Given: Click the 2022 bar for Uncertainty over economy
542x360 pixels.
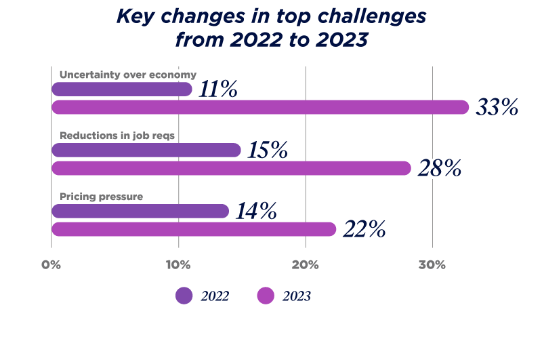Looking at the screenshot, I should click(122, 89).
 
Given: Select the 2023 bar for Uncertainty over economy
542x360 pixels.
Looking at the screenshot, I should click(260, 107).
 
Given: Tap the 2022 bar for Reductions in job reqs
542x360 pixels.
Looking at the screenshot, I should click(146, 150).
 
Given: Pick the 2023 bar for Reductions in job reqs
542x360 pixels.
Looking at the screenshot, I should click(232, 168).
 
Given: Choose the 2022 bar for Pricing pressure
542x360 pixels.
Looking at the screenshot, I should click(140, 211).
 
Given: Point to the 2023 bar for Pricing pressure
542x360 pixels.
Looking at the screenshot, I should click(194, 229).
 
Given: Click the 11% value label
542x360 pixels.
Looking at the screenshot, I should click(217, 89).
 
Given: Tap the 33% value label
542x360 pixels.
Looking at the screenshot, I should click(497, 107).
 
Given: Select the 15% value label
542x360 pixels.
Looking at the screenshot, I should click(265, 151).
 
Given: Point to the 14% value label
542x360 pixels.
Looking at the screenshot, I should click(255, 212).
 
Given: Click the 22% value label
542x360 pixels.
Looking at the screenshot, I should click(364, 229).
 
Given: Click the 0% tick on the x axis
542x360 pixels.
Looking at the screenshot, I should click(51, 264).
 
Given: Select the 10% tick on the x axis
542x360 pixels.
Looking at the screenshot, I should click(178, 264).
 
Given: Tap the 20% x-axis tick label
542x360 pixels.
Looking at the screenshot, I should click(306, 264).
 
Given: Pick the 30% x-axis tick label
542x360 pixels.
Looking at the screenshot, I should click(432, 264).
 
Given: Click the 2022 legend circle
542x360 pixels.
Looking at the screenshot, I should click(184, 296).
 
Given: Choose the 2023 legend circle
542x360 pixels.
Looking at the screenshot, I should click(266, 296).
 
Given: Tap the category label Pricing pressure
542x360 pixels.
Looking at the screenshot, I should click(101, 197).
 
